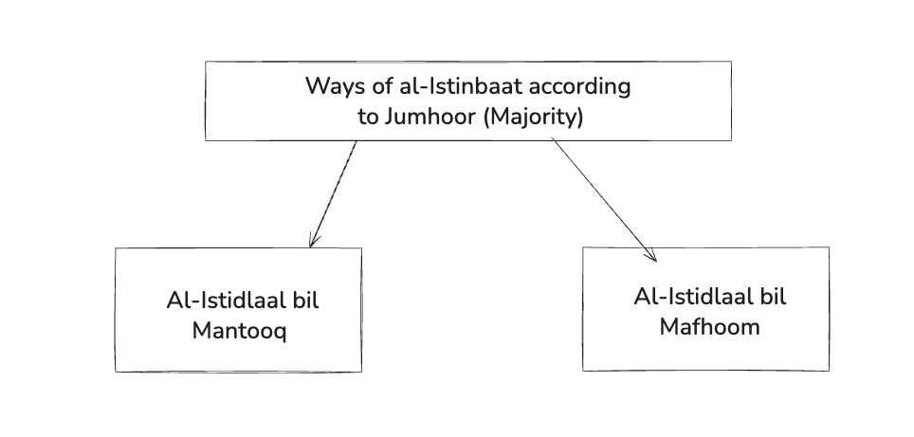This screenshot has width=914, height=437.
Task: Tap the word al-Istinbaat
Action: click(x=445, y=86)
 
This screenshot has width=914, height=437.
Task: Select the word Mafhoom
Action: click(x=710, y=326)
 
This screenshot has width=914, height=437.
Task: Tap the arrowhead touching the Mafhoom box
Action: click(x=651, y=254)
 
